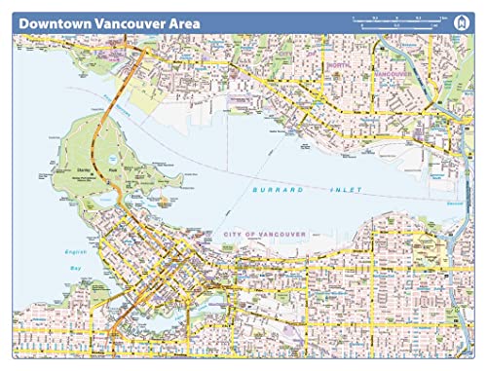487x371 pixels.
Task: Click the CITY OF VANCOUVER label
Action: (265, 235)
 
